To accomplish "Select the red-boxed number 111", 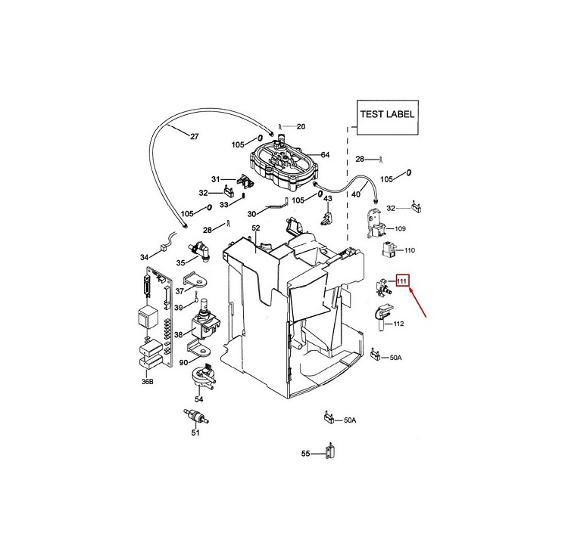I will (x=403, y=283).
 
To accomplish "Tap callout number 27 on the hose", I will (x=194, y=138).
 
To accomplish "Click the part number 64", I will (x=325, y=155).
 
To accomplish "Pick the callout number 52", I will (x=255, y=228).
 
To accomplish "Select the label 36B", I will (x=147, y=383).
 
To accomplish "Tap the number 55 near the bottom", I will (x=306, y=454).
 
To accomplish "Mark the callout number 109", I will (x=401, y=228).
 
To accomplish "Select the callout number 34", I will (x=144, y=258).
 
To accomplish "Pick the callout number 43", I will (x=328, y=198).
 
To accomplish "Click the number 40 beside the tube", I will (x=356, y=194).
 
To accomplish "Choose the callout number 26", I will (x=300, y=126).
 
